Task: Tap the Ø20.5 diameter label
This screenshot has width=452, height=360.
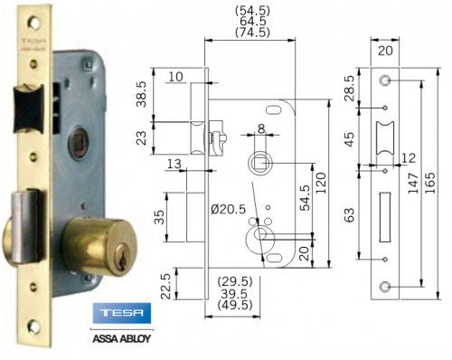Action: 228,210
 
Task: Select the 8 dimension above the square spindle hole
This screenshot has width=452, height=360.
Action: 260,129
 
